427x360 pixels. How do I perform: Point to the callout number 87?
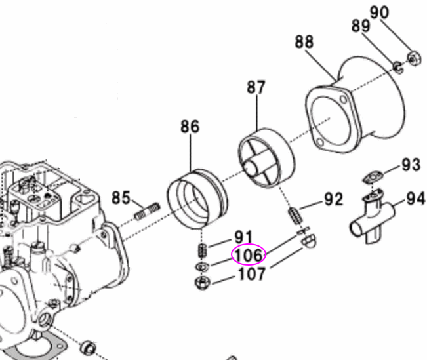(x=256, y=87)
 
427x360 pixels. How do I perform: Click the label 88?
(x=304, y=42)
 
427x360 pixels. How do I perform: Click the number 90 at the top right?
(x=397, y=12)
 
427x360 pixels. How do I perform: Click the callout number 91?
(x=243, y=236)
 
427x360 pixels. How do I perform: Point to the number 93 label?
(x=411, y=164)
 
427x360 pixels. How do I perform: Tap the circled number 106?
(x=248, y=254)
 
